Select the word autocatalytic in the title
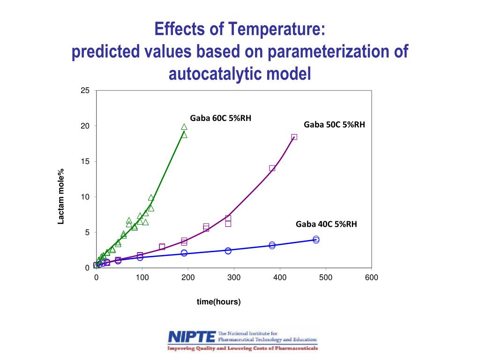212,74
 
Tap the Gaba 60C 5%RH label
220,118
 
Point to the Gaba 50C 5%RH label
334,125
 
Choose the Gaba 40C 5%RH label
326,225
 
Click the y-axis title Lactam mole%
61,197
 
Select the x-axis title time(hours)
218,302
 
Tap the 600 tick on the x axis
372,277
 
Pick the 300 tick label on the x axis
234,277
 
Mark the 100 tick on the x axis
142,277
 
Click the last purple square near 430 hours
294,137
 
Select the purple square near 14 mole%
272,168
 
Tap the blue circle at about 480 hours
316,240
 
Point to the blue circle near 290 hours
228,251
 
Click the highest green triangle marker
184,127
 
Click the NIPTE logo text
192,337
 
